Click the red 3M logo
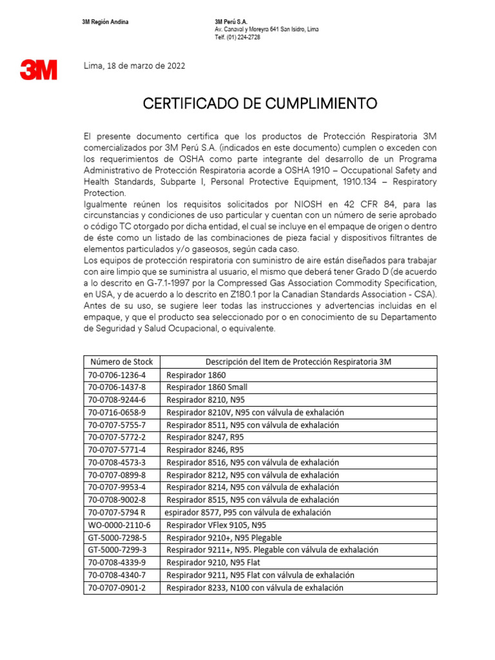pos(38,70)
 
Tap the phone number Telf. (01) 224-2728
pos(238,37)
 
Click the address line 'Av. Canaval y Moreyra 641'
pos(266,30)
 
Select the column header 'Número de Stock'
pos(122,362)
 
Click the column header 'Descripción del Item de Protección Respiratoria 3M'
pos(298,362)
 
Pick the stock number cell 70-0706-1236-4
pos(117,374)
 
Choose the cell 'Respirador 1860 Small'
pos(207,387)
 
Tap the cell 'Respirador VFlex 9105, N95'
pos(216,525)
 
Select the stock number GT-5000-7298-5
pos(117,538)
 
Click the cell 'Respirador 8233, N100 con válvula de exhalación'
pos(255,588)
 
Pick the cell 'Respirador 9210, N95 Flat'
pos(212,563)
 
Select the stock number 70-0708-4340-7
pos(117,575)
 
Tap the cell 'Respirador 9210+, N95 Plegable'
pos(224,538)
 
